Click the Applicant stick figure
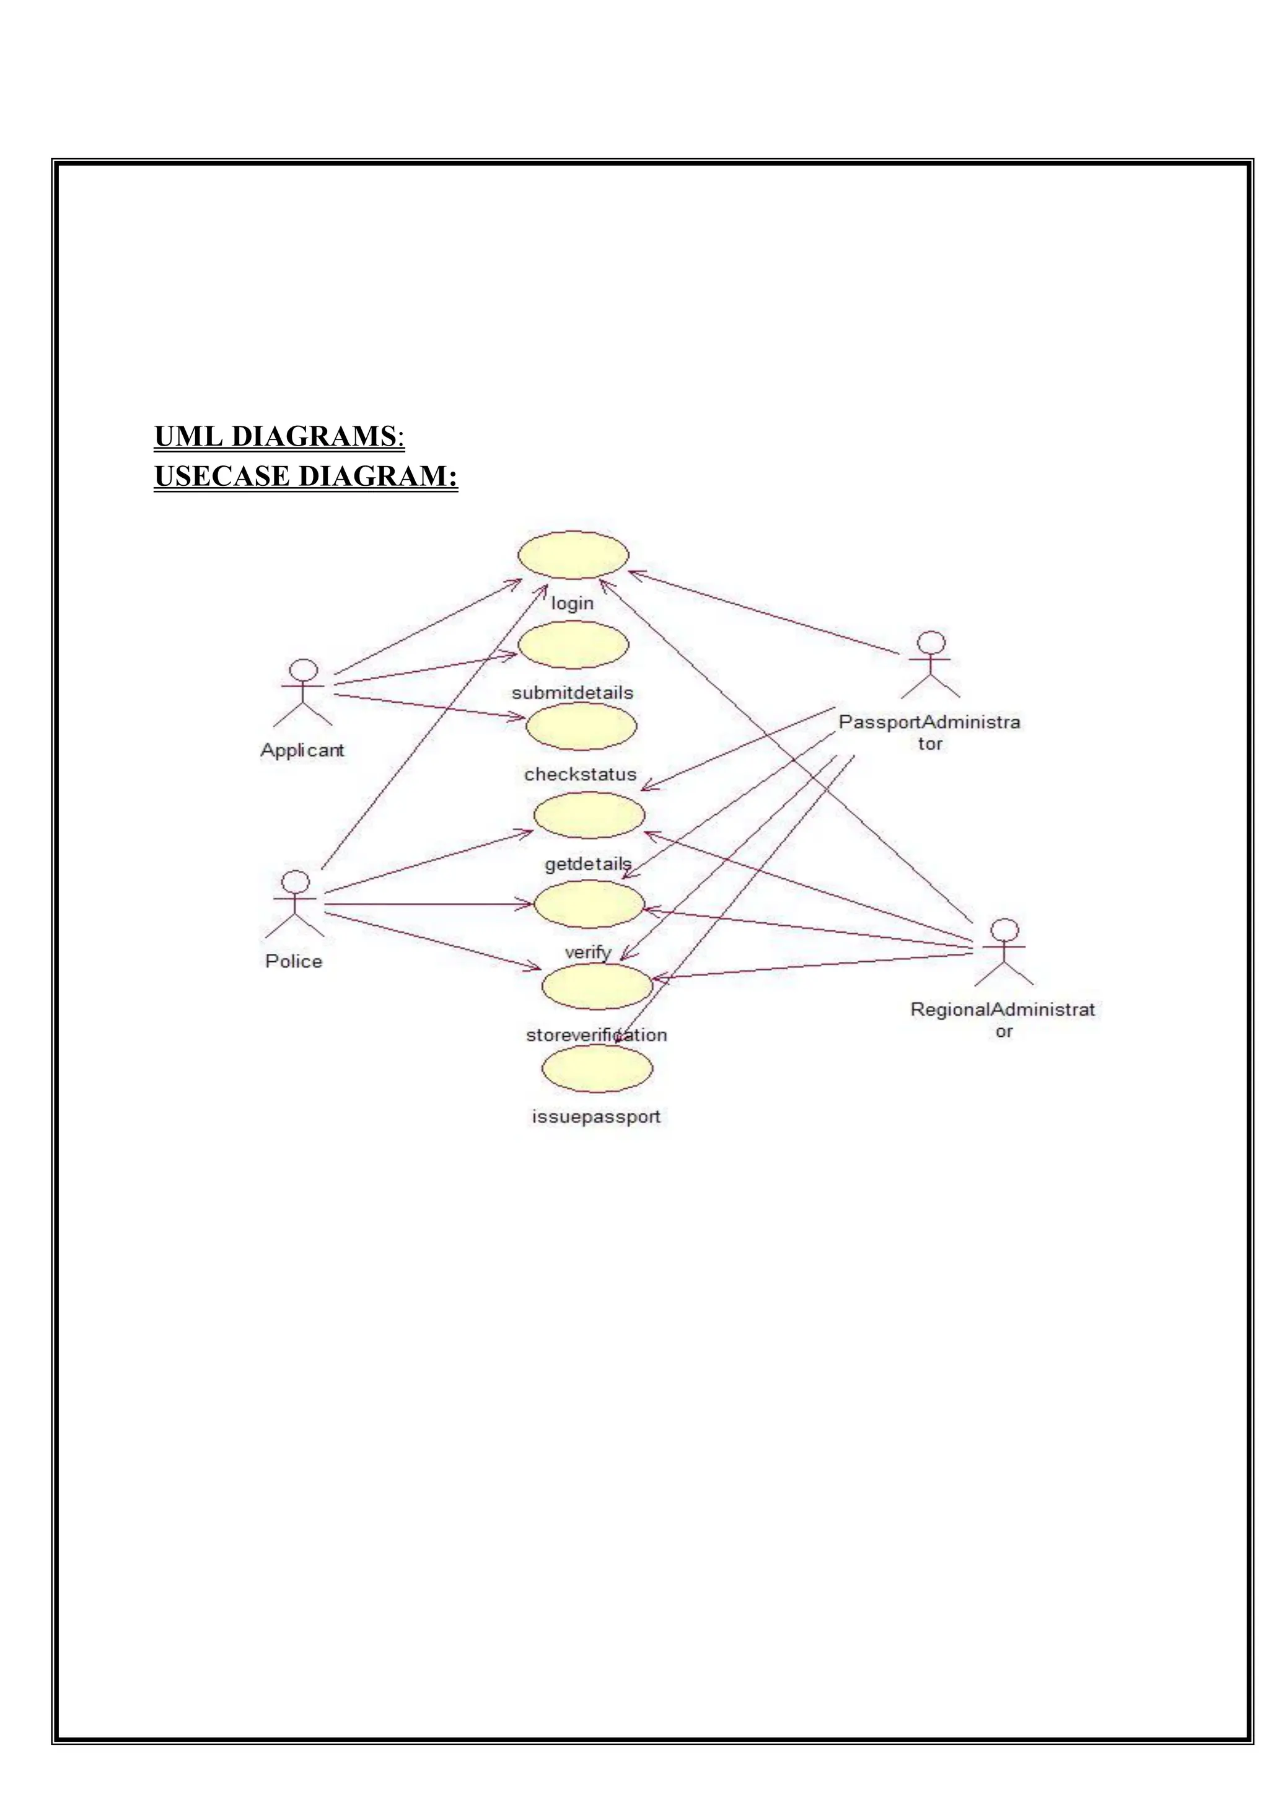(x=304, y=692)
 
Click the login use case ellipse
(x=573, y=555)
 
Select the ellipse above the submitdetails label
(x=573, y=645)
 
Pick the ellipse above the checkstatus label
(x=581, y=726)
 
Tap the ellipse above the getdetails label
(x=589, y=815)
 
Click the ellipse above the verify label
(x=589, y=904)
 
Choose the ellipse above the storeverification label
(x=597, y=985)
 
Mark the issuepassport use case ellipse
(x=597, y=1068)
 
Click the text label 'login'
(x=573, y=603)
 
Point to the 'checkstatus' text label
(x=580, y=775)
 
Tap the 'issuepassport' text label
(x=596, y=1116)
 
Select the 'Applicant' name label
(x=302, y=750)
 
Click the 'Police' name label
(x=294, y=961)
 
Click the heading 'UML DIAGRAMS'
(x=275, y=436)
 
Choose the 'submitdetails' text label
(x=573, y=693)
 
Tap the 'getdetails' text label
(x=588, y=863)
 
